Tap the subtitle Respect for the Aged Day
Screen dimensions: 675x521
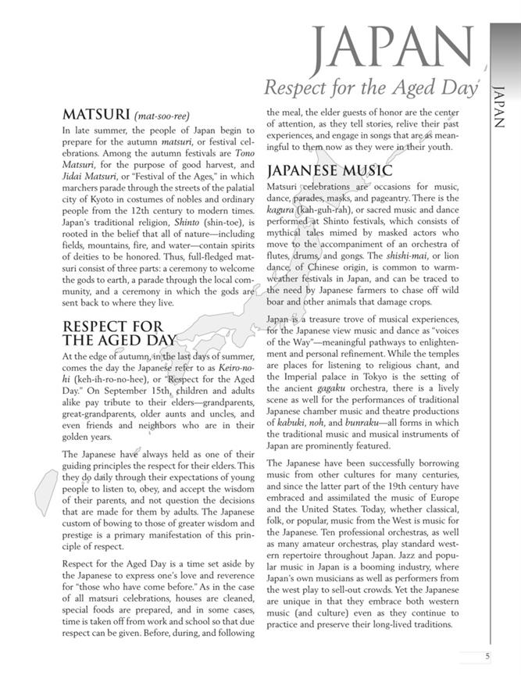click(370, 88)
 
